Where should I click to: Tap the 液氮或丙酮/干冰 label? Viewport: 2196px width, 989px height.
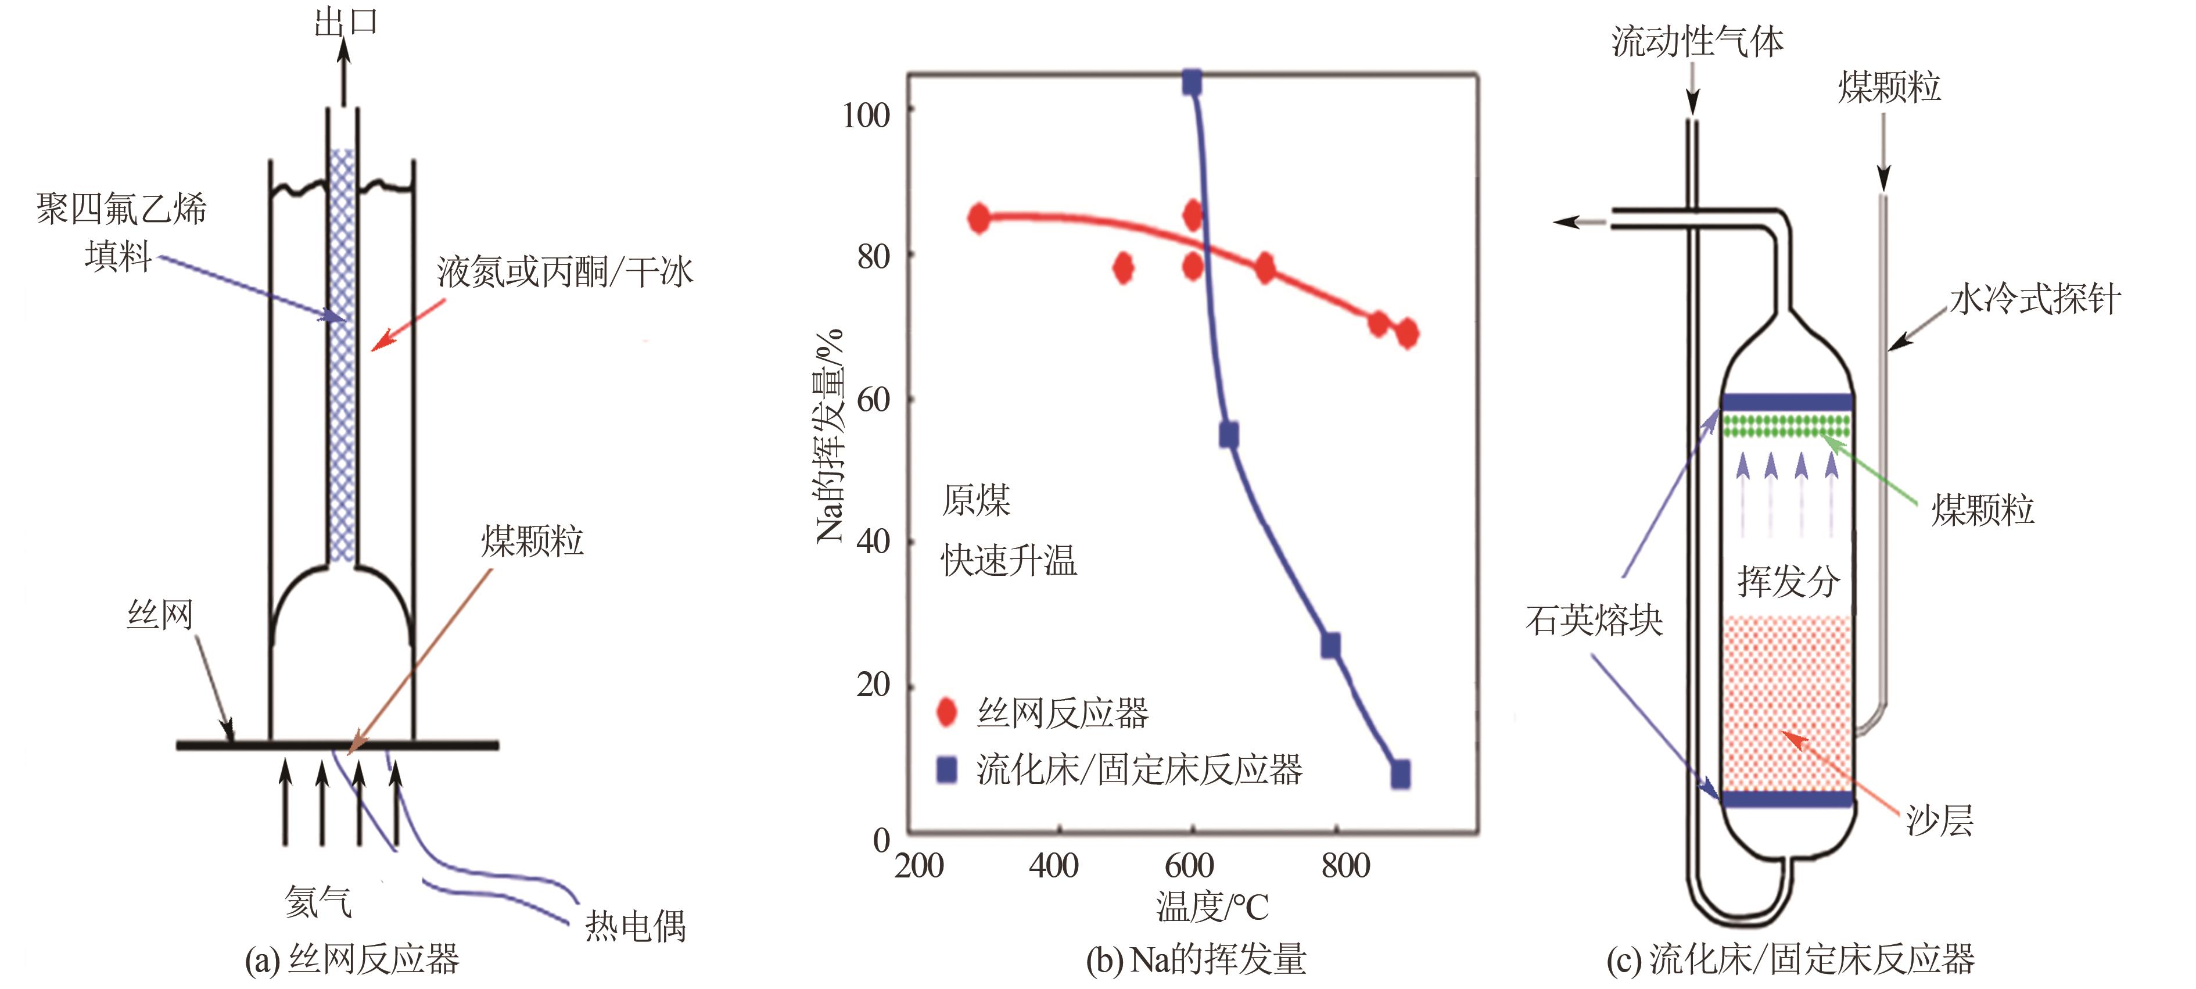[x=564, y=272]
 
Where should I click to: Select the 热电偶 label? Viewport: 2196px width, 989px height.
[x=635, y=925]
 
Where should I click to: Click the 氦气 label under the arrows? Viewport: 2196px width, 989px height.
[x=318, y=901]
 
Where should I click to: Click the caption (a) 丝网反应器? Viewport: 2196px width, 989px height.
[x=352, y=959]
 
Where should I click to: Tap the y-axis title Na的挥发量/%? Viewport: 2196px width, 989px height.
[x=828, y=435]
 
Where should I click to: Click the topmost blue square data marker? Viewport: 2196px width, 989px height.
[x=1192, y=84]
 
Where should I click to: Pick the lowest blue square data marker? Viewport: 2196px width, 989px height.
[x=1400, y=773]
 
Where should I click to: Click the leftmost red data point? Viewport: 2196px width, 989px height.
[x=979, y=219]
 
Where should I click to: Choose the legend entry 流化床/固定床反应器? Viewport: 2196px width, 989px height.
[x=1139, y=770]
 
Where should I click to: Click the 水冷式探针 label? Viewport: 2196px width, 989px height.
[x=2035, y=299]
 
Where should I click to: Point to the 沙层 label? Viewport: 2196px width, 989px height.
[x=1939, y=820]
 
